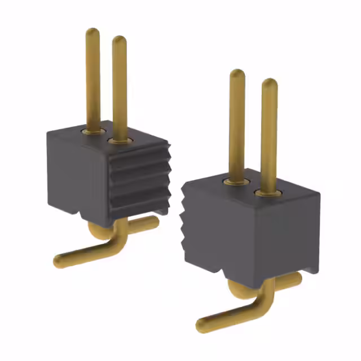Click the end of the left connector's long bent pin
[x=59, y=261]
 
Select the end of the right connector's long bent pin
[x=201, y=325]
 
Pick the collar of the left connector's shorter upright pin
[x=119, y=139]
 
